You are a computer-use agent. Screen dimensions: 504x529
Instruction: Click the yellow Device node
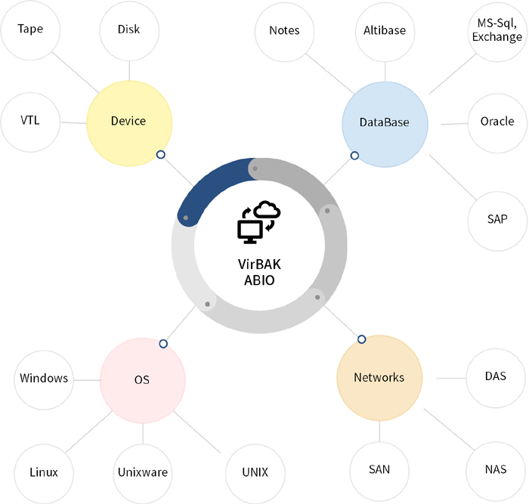128,122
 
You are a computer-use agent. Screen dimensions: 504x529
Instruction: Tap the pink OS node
142,379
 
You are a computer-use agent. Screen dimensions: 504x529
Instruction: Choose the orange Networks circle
379,378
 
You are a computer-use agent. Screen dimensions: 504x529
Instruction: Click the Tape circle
30,30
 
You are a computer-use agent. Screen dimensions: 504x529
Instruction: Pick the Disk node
129,31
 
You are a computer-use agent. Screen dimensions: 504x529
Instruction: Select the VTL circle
30,121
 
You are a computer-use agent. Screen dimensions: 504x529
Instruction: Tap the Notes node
284,31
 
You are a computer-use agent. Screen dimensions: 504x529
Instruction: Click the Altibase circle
385,31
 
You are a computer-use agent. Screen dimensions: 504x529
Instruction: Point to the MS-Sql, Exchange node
495,31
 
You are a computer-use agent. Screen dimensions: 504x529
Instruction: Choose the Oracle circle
497,122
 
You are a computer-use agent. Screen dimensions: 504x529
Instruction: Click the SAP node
497,220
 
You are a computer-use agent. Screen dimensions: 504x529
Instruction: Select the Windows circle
44,379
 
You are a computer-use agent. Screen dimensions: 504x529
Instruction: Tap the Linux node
44,473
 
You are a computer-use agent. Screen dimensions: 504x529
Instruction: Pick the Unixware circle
143,473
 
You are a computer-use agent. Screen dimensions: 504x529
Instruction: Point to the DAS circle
496,377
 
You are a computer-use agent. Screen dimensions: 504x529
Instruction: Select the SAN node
379,470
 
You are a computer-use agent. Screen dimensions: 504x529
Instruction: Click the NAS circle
496,470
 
